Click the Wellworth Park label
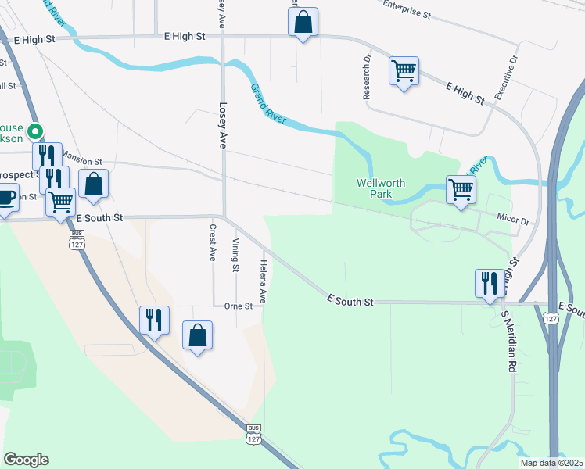(x=381, y=188)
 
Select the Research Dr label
(x=366, y=77)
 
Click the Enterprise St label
(x=407, y=9)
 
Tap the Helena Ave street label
(x=264, y=281)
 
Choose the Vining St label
(x=235, y=255)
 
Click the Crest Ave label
(x=212, y=243)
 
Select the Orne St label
(x=238, y=306)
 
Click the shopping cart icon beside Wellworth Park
(x=461, y=188)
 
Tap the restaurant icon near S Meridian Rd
(x=490, y=282)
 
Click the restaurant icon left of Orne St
(x=154, y=319)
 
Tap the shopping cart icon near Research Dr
(x=404, y=70)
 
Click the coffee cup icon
(x=6, y=198)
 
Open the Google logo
(x=26, y=460)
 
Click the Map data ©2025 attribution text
(x=551, y=463)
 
